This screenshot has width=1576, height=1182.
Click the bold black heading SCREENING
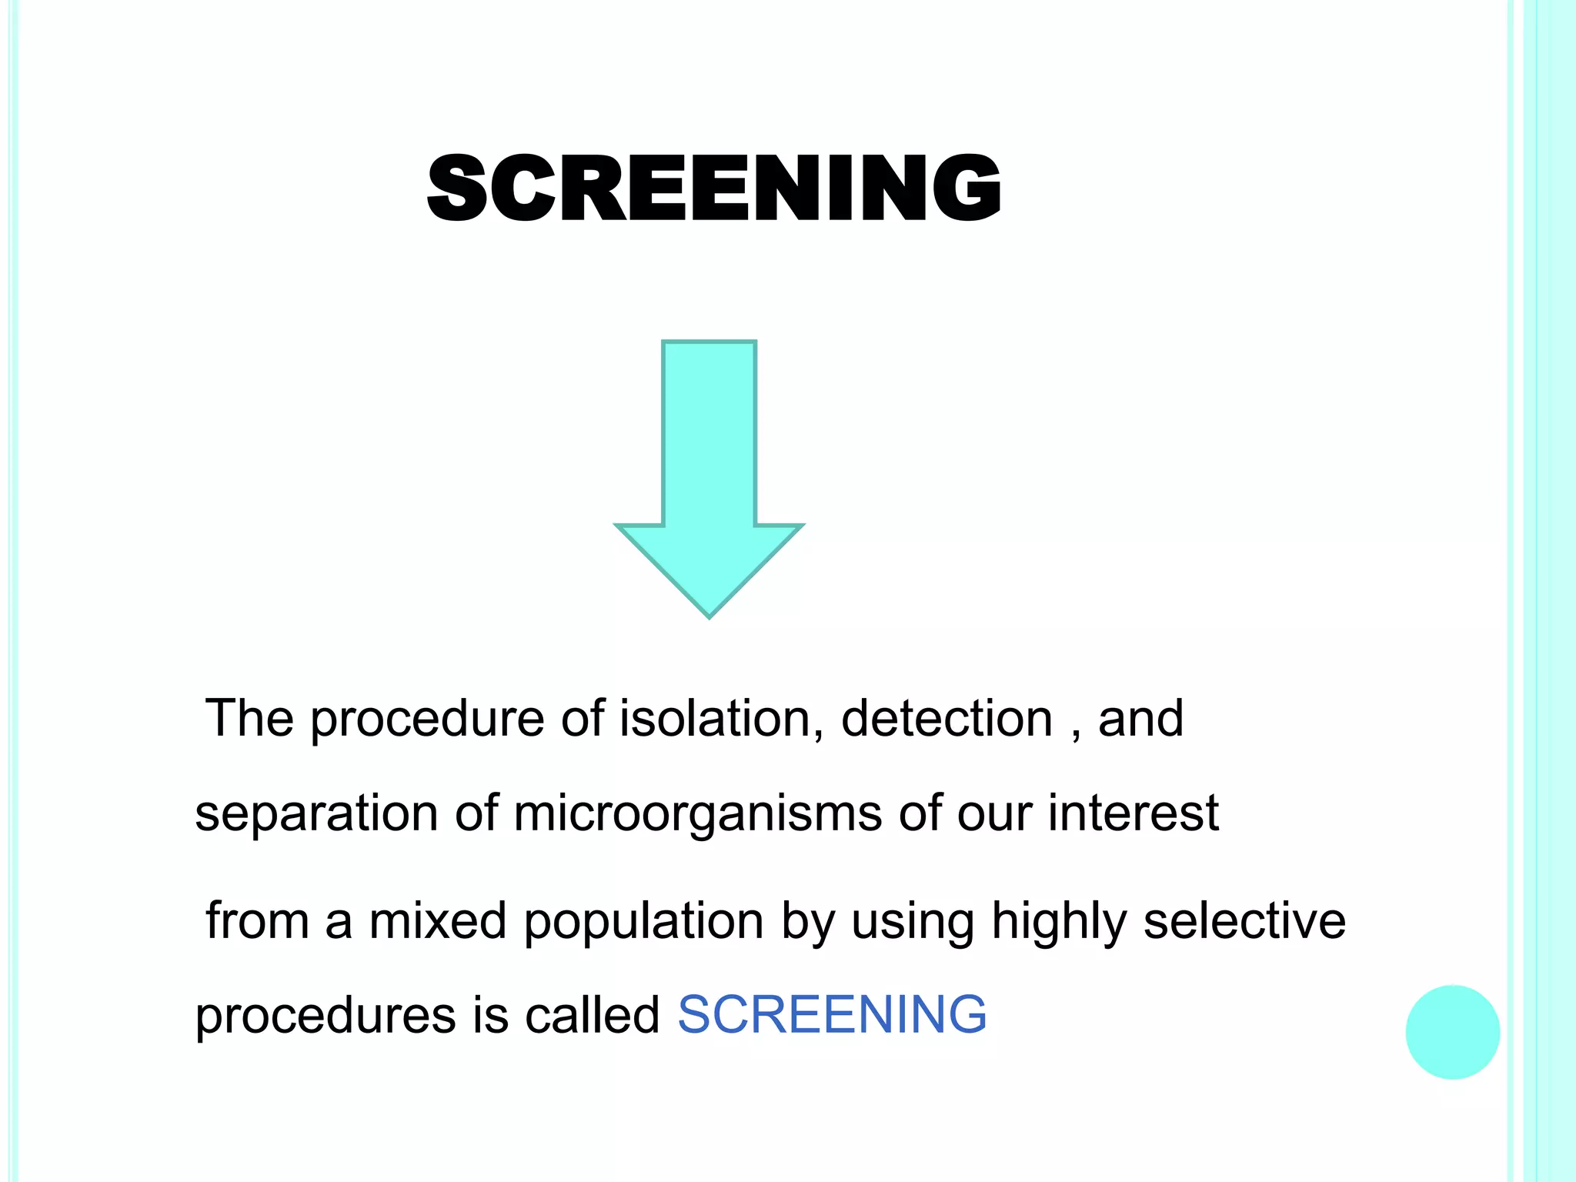[x=714, y=188]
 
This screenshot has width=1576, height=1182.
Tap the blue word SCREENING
[x=831, y=1014]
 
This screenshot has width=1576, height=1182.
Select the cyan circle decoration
[x=1452, y=1032]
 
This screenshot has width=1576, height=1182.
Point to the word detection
[x=947, y=719]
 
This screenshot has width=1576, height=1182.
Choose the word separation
[x=316, y=814]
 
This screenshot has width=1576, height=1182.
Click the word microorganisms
[x=697, y=814]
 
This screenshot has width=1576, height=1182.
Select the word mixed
[x=437, y=920]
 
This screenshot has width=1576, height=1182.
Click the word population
[x=643, y=922]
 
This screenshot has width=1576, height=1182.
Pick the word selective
[x=1244, y=920]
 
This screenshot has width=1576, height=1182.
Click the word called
[x=592, y=1014]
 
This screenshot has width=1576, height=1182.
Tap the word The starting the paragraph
[x=249, y=719]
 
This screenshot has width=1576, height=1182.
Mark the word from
[x=257, y=920]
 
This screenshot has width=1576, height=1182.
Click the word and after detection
[x=1140, y=719]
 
